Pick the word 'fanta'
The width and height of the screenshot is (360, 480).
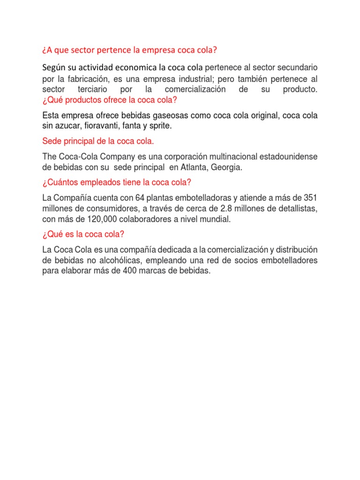tap(137, 126)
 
